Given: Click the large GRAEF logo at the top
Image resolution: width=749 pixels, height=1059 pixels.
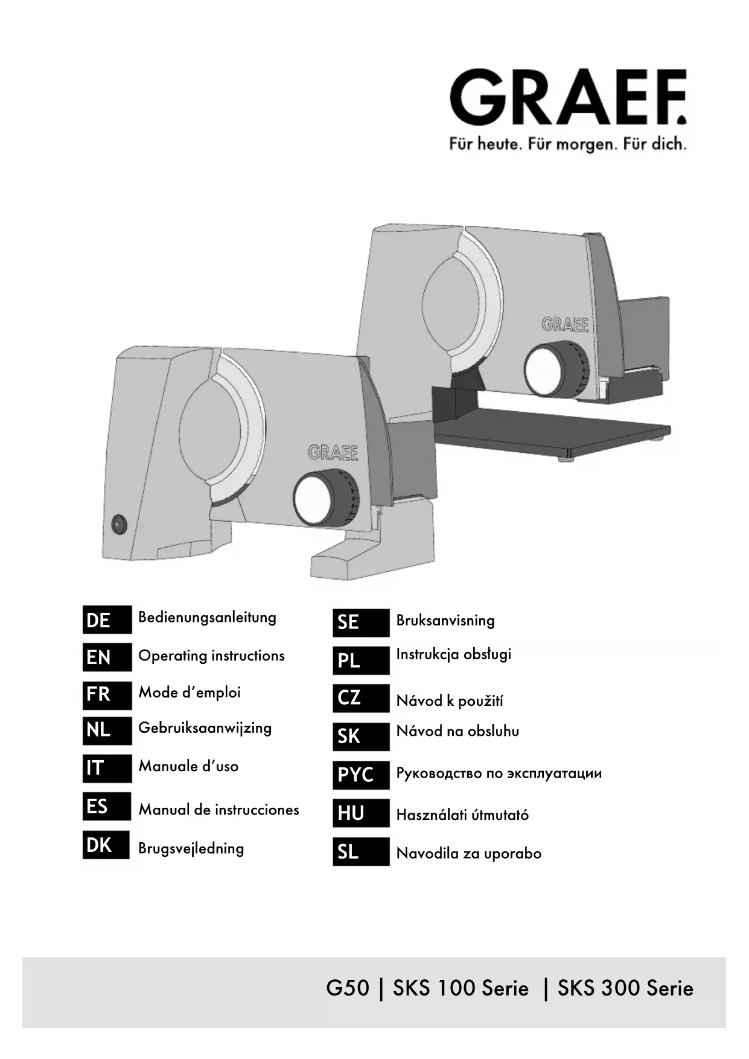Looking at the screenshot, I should click(x=567, y=98).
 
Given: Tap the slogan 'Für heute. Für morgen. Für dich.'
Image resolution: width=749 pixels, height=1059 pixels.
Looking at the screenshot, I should click(x=567, y=144).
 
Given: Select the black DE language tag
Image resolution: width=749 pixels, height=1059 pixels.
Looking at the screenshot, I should click(x=107, y=620).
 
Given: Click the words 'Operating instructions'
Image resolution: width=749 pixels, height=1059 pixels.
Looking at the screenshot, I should click(x=211, y=656).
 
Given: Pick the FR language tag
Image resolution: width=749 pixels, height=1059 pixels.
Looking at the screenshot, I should click(x=107, y=694).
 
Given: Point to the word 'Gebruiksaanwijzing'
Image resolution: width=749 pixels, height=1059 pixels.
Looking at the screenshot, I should click(x=205, y=728).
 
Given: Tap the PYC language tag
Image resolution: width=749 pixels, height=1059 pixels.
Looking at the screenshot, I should click(x=360, y=775).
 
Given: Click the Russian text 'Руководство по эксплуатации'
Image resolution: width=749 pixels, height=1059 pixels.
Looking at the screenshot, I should click(x=499, y=773).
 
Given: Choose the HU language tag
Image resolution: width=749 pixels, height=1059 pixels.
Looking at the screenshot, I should click(x=360, y=813).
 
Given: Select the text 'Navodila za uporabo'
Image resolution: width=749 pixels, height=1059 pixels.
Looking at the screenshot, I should click(x=468, y=854).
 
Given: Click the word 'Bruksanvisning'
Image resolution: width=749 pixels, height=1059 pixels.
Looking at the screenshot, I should click(x=445, y=621).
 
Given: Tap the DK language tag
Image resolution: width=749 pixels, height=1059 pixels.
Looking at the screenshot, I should click(x=106, y=845).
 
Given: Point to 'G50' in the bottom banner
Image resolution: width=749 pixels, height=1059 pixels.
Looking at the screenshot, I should click(x=347, y=988).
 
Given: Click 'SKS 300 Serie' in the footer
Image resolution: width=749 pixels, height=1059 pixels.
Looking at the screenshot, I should click(x=625, y=988).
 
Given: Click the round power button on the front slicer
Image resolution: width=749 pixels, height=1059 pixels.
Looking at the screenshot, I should click(x=119, y=524).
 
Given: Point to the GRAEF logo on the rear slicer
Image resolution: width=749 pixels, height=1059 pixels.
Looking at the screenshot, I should click(x=565, y=324).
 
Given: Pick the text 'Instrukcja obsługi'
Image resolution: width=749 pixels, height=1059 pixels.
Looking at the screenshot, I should click(x=453, y=654).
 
